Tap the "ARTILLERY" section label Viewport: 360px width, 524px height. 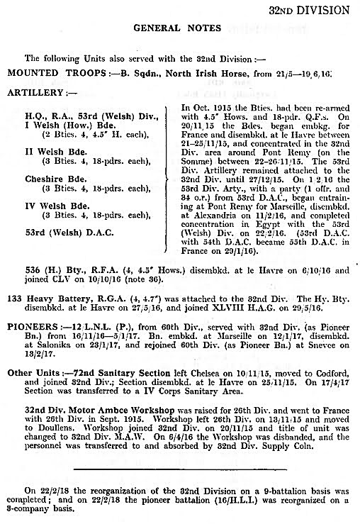32,92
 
